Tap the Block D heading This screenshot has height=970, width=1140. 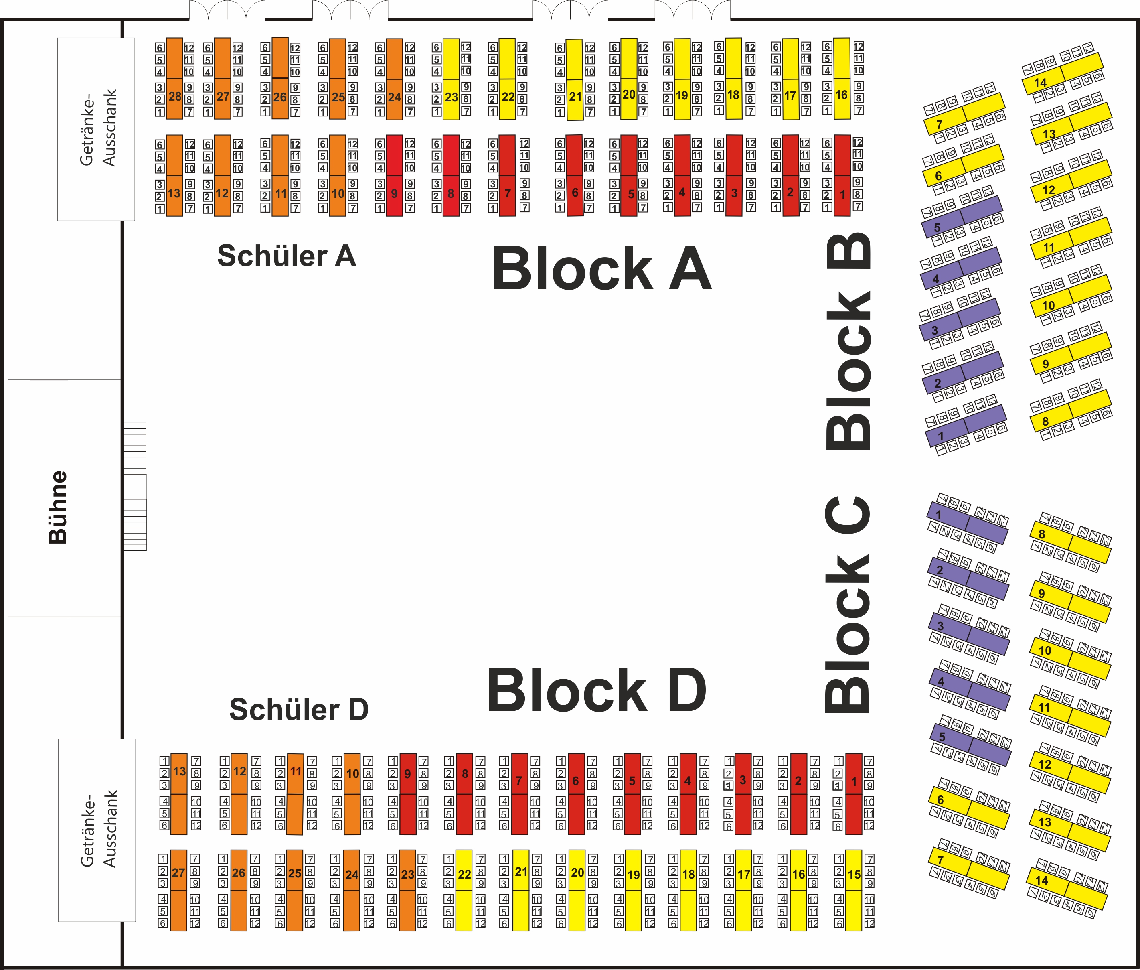[596, 690]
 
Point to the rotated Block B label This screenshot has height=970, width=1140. [848, 341]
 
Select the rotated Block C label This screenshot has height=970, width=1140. [848, 605]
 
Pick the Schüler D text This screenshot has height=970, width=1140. [298, 709]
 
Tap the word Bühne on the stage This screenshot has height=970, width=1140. [58, 507]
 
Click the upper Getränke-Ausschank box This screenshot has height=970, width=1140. [97, 129]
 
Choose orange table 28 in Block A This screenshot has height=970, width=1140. [175, 79]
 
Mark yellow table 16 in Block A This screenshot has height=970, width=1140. [842, 78]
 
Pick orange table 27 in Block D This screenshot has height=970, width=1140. [179, 890]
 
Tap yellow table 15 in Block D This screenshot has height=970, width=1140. [854, 890]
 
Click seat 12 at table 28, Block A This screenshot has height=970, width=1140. [189, 48]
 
